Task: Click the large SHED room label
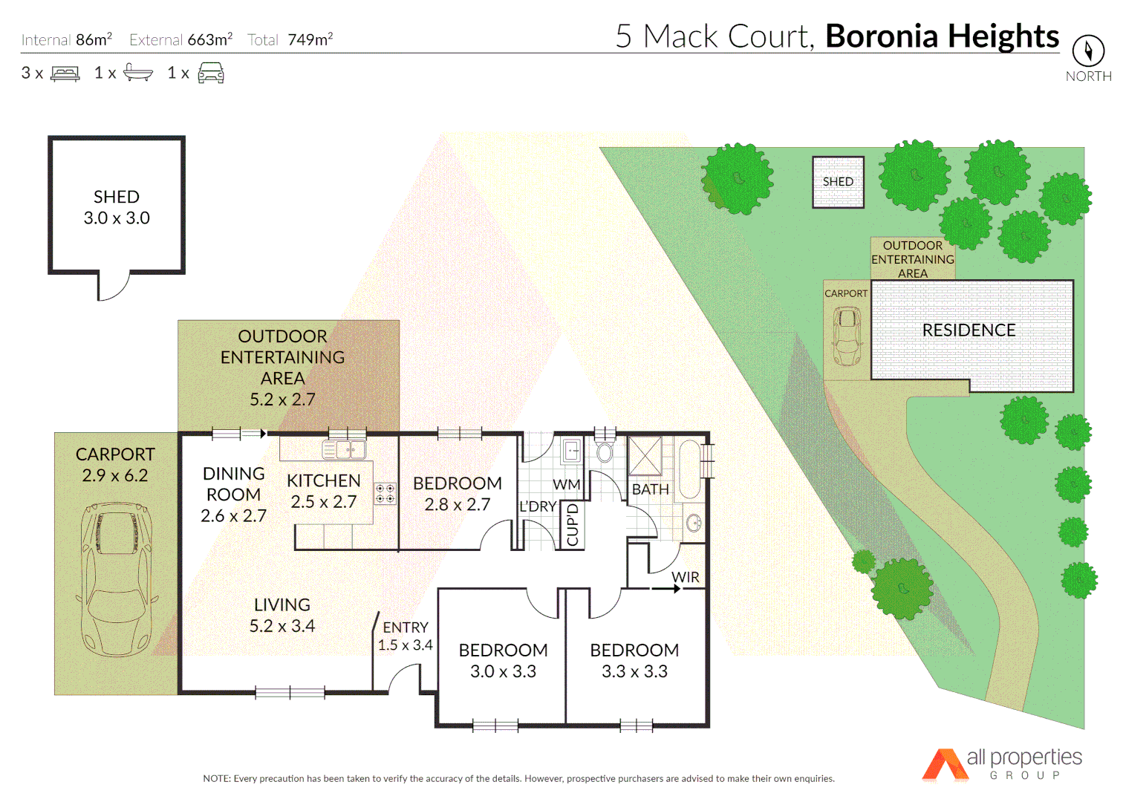point(117,198)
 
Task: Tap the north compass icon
point(1088,50)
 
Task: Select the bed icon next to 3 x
point(65,74)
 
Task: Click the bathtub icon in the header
point(138,73)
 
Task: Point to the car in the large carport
point(116,579)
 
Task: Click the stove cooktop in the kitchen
point(385,494)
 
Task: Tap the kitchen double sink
point(344,449)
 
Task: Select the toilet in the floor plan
point(605,451)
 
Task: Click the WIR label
point(685,577)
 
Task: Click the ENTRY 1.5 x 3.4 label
point(406,636)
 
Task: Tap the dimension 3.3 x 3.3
point(634,671)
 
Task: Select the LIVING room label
point(282,605)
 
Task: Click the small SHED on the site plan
point(838,182)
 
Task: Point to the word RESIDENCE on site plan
point(969,330)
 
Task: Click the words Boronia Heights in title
point(942,36)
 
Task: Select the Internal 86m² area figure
point(67,39)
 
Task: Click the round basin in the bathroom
point(694,523)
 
